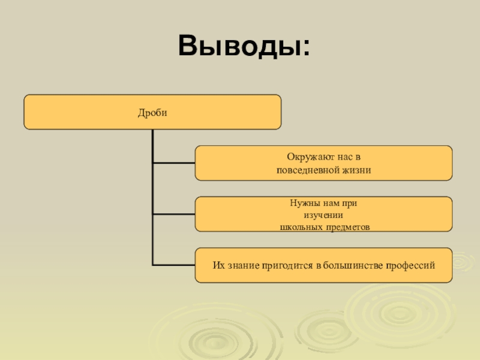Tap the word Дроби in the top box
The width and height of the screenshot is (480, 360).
pos(152,112)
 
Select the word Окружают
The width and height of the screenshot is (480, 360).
pos(307,157)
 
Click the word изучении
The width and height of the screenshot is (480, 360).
pos(324,215)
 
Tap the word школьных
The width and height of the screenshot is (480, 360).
pos(300,227)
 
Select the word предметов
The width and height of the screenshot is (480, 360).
pos(346,227)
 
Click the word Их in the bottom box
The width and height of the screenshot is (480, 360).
pos(218,265)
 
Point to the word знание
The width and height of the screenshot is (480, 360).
pos(241,265)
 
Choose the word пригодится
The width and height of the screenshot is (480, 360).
pos(284,265)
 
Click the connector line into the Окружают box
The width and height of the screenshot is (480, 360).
pos(173,163)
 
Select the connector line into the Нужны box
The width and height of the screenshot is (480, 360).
pos(173,214)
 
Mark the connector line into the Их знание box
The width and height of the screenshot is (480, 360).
pos(173,265)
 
